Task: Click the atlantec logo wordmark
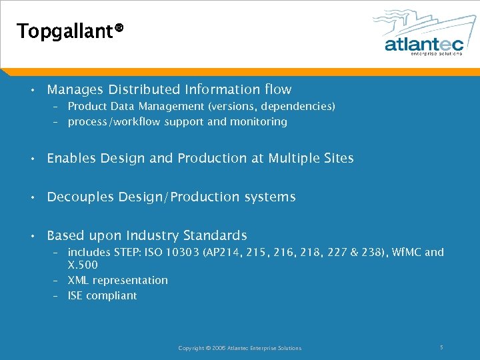click(x=423, y=44)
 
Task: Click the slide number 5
click(x=441, y=347)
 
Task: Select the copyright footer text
click(x=239, y=347)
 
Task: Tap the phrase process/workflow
click(x=115, y=122)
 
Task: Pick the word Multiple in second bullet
click(x=295, y=158)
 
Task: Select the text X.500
click(x=83, y=265)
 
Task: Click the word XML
click(x=79, y=280)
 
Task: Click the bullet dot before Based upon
click(x=33, y=236)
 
